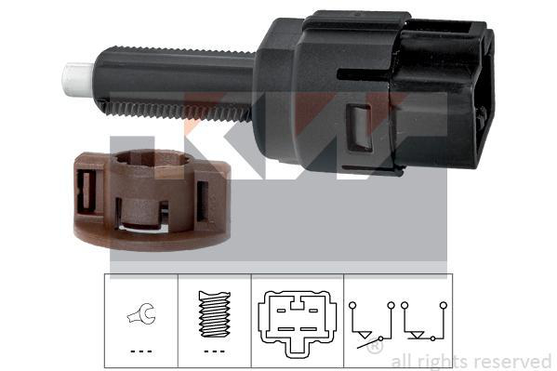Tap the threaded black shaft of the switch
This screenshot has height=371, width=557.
pyautogui.click(x=176, y=84)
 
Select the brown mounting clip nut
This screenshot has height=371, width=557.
pyautogui.click(x=153, y=200)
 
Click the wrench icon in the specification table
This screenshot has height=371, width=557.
pyautogui.click(x=141, y=314)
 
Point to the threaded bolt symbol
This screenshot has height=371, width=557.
pyautogui.click(x=215, y=314)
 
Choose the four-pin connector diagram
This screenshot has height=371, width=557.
pyautogui.click(x=297, y=323)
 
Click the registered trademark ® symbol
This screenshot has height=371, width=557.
pyautogui.click(x=375, y=346)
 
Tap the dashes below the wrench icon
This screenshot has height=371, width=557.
pyautogui.click(x=141, y=351)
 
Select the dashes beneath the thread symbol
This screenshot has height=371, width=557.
pyautogui.click(x=215, y=351)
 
